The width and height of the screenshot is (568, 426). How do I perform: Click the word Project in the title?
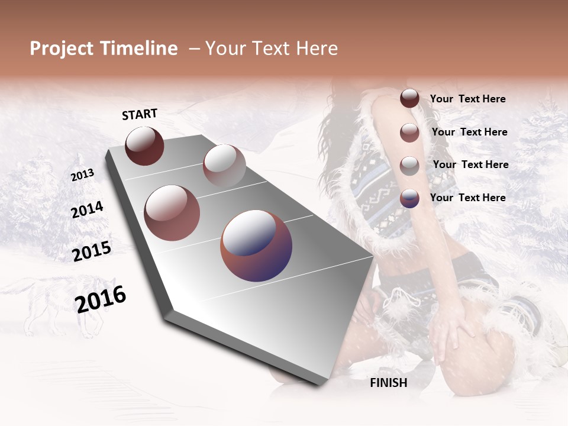(62, 49)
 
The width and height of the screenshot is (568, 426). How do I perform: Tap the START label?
(140, 114)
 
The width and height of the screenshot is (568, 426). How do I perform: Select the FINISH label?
(389, 383)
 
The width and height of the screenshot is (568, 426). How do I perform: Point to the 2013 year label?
(82, 175)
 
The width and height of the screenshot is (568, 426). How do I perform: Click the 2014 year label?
(87, 209)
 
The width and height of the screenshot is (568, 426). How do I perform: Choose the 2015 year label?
(91, 251)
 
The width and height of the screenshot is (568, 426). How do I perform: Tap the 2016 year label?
(101, 299)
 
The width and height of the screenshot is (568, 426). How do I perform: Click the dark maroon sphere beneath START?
(144, 146)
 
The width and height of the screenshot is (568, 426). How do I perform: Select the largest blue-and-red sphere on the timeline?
(256, 246)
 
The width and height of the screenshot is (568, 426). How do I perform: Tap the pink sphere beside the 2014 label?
(172, 213)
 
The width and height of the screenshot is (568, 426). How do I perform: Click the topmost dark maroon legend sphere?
(409, 99)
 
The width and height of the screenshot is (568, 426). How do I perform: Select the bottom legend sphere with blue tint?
(409, 198)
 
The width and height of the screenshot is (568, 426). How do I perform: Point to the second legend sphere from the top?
(409, 133)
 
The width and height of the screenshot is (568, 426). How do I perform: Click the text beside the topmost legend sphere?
(467, 99)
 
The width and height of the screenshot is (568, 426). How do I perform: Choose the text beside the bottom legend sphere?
(467, 198)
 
